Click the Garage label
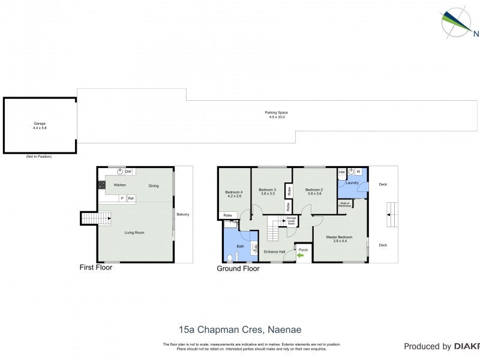40,124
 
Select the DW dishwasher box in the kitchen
128,172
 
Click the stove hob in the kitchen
101,185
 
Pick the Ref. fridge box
131,198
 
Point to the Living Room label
134,232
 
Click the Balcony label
183,214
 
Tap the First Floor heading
96,268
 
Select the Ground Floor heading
238,269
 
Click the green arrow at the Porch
301,256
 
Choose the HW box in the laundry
341,172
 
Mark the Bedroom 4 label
234,194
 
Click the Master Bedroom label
339,237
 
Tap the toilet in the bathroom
230,258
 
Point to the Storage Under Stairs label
292,221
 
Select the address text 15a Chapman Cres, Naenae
240,329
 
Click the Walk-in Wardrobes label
345,204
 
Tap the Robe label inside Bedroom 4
227,215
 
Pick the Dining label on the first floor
154,185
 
